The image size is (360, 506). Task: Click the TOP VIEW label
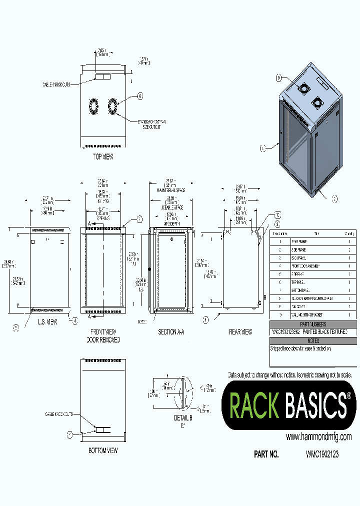pos(103,156)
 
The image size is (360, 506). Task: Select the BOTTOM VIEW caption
pos(103,450)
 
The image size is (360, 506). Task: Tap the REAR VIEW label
pos(240,331)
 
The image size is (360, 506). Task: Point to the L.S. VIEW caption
pos(48,322)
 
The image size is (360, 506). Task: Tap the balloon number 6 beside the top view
pos(140,96)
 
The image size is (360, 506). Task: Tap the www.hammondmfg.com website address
pos(318,437)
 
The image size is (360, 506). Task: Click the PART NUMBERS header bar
pos(312,324)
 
